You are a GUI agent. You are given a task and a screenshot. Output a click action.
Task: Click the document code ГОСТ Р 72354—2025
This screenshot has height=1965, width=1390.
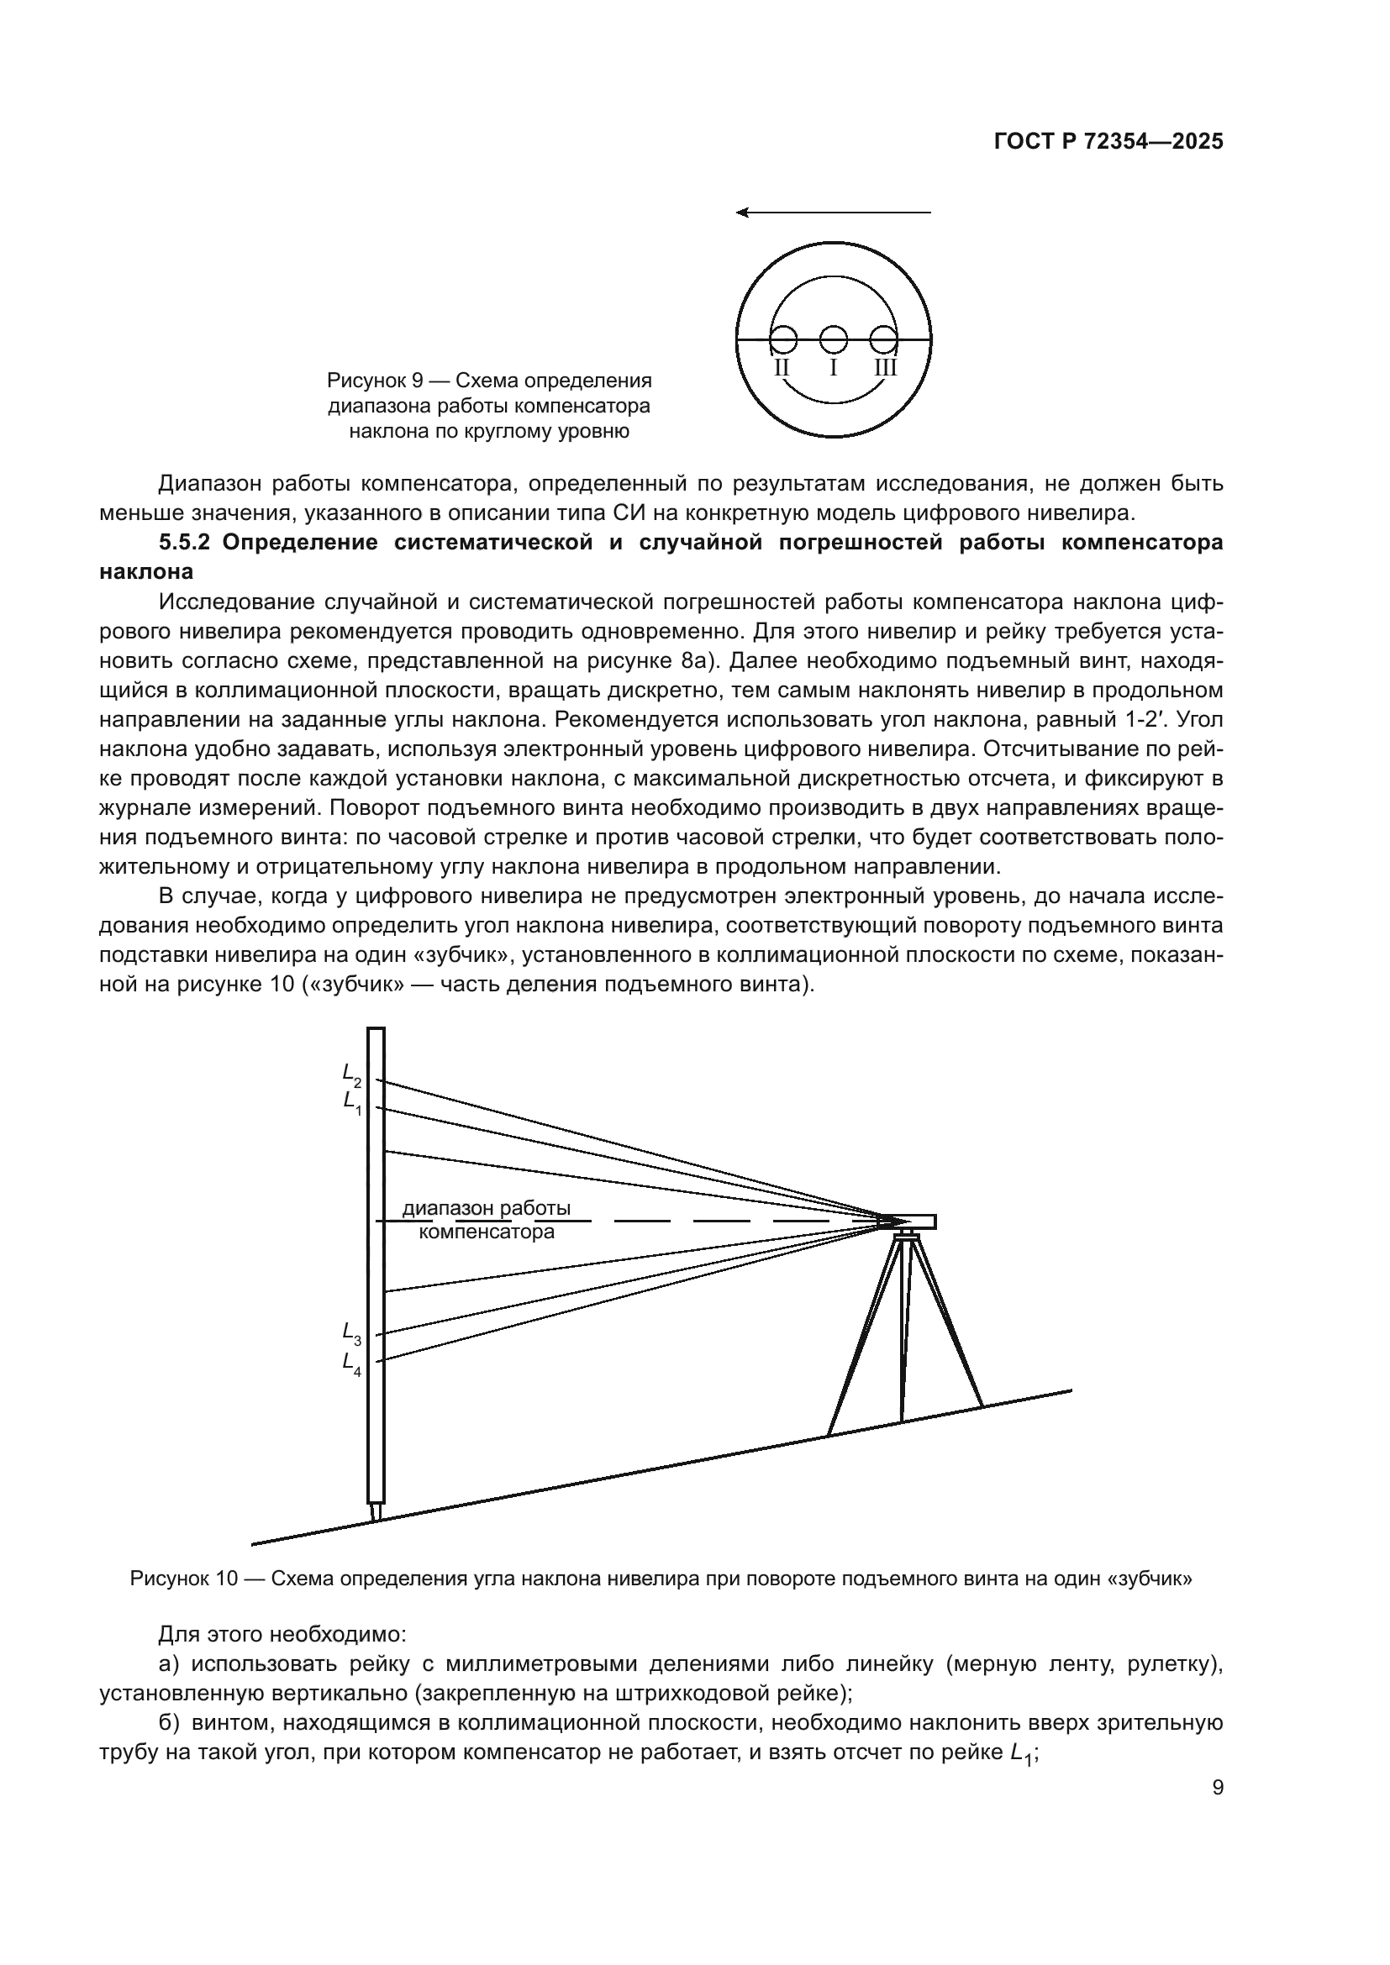click(x=1108, y=142)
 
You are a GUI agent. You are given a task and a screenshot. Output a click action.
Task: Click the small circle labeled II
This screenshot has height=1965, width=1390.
click(x=783, y=340)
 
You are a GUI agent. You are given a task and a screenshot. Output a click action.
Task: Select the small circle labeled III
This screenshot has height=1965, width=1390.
click(x=883, y=340)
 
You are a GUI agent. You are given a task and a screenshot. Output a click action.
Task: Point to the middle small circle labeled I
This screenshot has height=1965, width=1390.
click(x=833, y=340)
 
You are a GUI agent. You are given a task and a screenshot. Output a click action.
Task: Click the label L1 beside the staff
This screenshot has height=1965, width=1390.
click(x=352, y=1102)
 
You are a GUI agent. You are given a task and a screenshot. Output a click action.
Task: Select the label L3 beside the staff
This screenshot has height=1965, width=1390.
click(x=352, y=1333)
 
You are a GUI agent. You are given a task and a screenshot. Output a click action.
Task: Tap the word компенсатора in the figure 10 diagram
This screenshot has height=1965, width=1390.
click(x=486, y=1232)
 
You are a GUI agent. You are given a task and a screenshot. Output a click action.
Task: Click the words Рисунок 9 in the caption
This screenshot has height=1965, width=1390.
click(x=374, y=380)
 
